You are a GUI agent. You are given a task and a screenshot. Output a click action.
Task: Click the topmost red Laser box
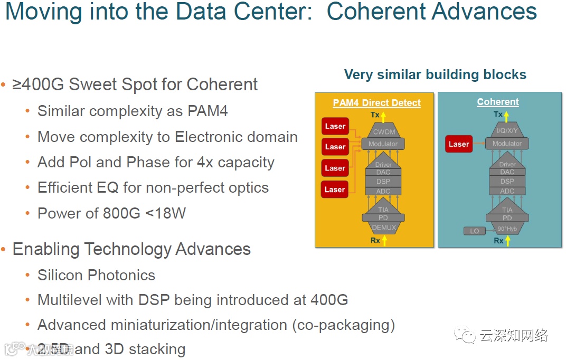[x=335, y=127]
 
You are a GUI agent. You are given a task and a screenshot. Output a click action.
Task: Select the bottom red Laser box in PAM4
[x=335, y=189]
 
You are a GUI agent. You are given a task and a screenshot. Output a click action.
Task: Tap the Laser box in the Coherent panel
[x=459, y=144]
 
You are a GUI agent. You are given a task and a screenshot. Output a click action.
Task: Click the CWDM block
[x=383, y=132]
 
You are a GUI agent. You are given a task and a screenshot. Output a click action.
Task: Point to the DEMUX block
[x=383, y=228]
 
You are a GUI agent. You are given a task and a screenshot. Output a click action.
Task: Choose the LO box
[x=474, y=231]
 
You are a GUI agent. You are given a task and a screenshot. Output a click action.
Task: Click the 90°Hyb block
[x=507, y=229]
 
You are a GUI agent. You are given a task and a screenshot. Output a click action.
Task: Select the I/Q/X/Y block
[x=507, y=131]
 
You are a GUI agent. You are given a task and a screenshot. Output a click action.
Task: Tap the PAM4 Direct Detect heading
[x=376, y=103]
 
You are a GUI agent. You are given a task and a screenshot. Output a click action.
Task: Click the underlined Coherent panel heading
[x=498, y=102]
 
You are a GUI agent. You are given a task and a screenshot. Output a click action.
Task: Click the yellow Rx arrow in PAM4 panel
[x=384, y=241]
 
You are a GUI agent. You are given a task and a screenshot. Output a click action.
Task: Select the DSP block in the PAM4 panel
[x=383, y=182]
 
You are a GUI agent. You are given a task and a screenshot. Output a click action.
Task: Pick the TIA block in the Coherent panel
[x=507, y=210]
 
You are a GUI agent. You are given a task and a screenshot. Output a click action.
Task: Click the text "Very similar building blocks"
[x=435, y=74]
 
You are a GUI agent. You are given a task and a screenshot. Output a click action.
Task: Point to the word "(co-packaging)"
[x=343, y=325]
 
